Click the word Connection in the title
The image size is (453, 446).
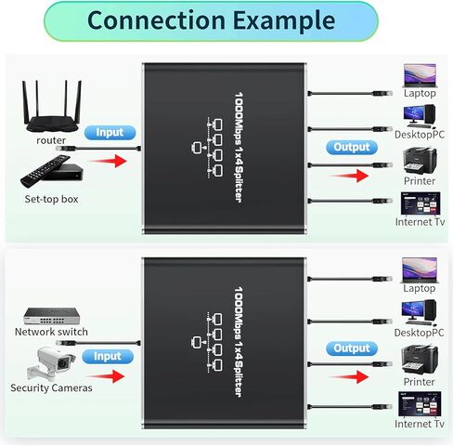156,20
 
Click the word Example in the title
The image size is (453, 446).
284,21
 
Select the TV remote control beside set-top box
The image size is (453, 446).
45,171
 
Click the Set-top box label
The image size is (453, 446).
51,199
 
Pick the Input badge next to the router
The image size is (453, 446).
110,133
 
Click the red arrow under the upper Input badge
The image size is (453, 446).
108,161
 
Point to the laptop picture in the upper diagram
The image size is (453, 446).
420,75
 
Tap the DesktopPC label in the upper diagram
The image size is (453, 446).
420,135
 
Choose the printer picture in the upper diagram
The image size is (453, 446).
420,161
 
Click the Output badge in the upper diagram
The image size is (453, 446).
352,147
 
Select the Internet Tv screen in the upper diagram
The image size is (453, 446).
421,203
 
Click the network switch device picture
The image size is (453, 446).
52,316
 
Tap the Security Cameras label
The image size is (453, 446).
51,387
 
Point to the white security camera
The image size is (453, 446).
51,364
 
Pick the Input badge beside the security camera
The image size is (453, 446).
108,357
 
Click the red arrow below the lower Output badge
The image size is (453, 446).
349,377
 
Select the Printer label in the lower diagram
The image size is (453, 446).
419,382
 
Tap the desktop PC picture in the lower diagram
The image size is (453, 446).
419,312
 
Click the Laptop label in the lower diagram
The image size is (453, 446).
420,288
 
